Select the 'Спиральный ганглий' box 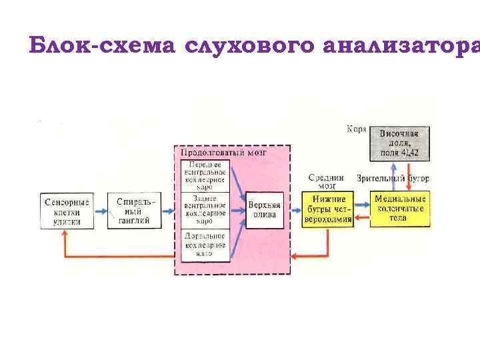pos(133,211)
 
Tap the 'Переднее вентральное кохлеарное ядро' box pos(205,177)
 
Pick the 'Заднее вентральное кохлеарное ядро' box pos(205,210)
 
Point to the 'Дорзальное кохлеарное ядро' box pos(205,244)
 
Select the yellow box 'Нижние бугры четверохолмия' pos(327,210)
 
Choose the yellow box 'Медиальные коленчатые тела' pos(400,209)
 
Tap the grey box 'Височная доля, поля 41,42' pos(399,143)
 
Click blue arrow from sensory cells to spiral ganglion pos(99,211)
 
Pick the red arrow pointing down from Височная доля pos(409,176)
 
